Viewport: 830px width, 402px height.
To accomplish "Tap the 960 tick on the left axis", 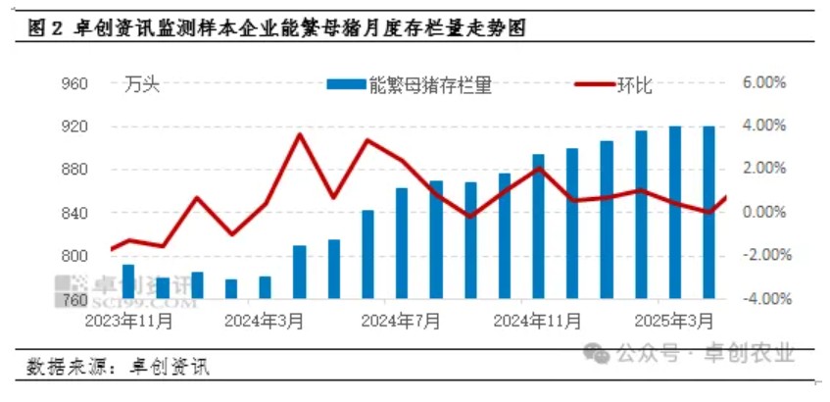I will [102, 84].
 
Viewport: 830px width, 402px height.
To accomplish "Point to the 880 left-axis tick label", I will [102, 170].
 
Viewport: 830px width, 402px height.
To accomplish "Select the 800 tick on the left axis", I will [102, 256].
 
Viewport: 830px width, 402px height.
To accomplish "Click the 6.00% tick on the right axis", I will [762, 84].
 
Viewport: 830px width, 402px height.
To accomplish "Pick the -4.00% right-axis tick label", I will [760, 298].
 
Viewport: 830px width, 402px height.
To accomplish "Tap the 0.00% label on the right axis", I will [762, 213].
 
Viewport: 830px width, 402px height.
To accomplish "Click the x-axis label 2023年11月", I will [129, 320].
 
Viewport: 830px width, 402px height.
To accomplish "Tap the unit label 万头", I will [142, 84].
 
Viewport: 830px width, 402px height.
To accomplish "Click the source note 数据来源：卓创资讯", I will [118, 368].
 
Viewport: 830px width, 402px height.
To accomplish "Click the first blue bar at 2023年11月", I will [128, 280].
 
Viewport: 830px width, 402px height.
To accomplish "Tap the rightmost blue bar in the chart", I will [708, 211].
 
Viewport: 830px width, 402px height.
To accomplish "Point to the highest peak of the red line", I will [299, 134].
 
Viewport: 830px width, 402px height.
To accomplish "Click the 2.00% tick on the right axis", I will [762, 170].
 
